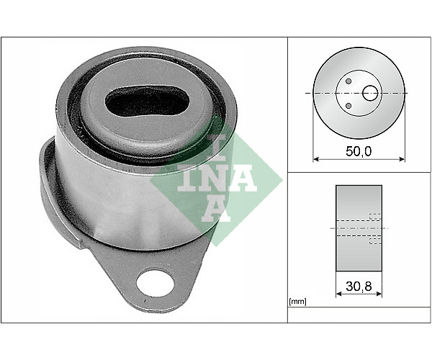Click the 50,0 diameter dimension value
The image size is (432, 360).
359,151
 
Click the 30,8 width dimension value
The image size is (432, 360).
359,287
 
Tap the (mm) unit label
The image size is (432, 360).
297,302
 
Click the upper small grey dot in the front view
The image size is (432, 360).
348,81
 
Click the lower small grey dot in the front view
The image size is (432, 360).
348,106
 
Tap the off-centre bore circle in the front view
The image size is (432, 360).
370,93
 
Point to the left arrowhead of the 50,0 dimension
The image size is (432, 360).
316,159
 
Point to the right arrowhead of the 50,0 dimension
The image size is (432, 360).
402,159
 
